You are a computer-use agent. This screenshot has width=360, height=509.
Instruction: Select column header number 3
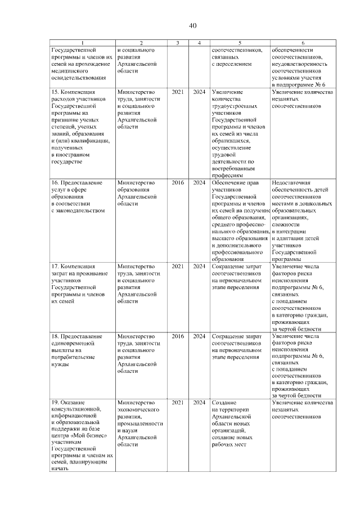178,43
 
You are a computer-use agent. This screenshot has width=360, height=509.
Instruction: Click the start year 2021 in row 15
178,91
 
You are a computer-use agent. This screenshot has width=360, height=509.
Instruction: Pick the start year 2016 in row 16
178,183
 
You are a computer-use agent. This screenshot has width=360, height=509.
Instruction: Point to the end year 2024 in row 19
199,403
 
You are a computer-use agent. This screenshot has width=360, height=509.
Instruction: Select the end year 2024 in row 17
199,265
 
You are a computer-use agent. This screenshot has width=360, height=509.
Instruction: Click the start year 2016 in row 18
178,336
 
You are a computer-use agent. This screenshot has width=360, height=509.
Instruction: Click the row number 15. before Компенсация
55,91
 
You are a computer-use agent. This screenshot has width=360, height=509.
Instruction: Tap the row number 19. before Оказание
55,403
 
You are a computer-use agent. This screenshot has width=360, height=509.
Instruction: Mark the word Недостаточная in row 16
291,183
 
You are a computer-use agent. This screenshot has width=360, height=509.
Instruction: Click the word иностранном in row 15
74,154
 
